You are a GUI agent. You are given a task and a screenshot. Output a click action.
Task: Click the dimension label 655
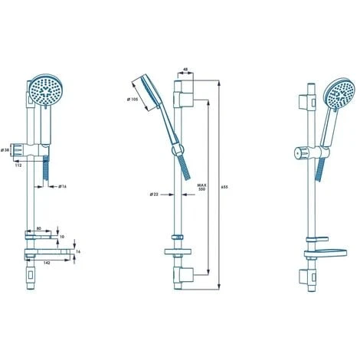pyautogui.click(x=223, y=186)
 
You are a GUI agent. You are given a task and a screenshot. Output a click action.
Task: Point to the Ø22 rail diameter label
pyautogui.click(x=154, y=194)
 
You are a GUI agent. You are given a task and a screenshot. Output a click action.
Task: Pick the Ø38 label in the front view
pyautogui.click(x=5, y=150)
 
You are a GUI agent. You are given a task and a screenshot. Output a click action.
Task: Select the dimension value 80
pyautogui.click(x=38, y=227)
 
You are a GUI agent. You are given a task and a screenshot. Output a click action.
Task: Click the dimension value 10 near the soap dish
pyautogui.click(x=62, y=236)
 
